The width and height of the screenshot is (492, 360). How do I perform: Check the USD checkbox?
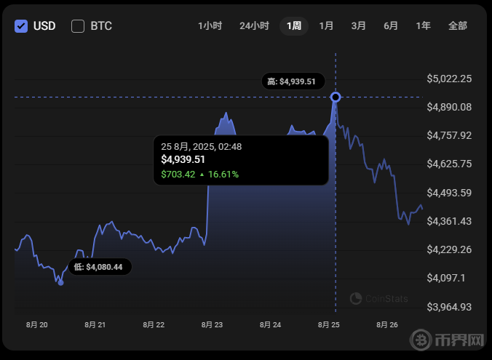coord(21,26)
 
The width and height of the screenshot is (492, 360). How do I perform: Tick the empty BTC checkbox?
coord(78,26)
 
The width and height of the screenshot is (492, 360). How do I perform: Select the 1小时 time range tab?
coord(210,26)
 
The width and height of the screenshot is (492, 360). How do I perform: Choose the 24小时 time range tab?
coord(254,26)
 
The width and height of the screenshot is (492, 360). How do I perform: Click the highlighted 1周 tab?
coord(294,26)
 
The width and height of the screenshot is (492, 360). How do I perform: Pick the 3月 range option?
coord(358,26)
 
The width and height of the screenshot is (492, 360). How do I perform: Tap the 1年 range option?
coord(423,26)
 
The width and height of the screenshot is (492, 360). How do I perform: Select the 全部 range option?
coord(458,26)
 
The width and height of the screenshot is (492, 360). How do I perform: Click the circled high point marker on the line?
coord(336,97)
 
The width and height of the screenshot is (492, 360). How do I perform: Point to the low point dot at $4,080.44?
coord(60,282)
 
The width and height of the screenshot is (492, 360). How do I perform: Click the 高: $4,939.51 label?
coord(292,81)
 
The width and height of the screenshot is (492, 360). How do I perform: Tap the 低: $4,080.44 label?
coord(100,268)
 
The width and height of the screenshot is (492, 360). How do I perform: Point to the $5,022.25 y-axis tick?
coord(450,79)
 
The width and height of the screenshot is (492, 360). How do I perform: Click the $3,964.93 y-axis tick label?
coord(450,306)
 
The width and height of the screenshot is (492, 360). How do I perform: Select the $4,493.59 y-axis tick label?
coord(450,193)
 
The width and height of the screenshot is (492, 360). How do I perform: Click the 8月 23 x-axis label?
coord(212,324)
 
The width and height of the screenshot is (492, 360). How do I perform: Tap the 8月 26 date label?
coord(386,324)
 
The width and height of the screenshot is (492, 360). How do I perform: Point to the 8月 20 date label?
coord(36,324)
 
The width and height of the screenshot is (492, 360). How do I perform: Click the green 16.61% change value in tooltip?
coord(224,175)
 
